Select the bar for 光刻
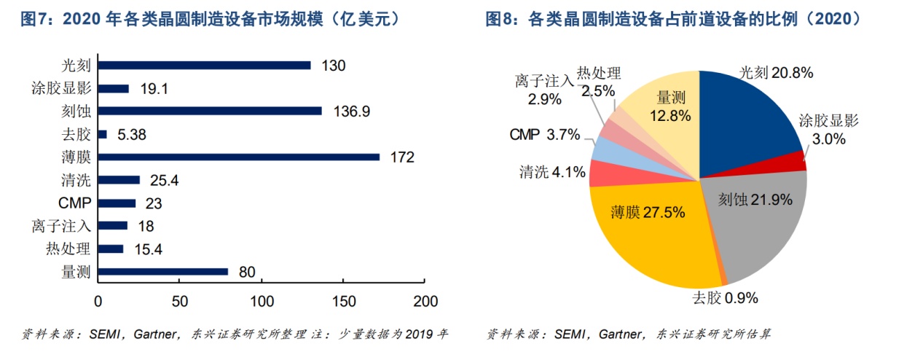pyautogui.click(x=205, y=65)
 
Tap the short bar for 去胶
pyautogui.click(x=103, y=134)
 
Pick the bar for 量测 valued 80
pyautogui.click(x=163, y=272)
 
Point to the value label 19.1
pyautogui.click(x=154, y=88)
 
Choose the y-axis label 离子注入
pyautogui.click(x=62, y=226)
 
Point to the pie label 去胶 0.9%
pyautogui.click(x=725, y=297)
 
